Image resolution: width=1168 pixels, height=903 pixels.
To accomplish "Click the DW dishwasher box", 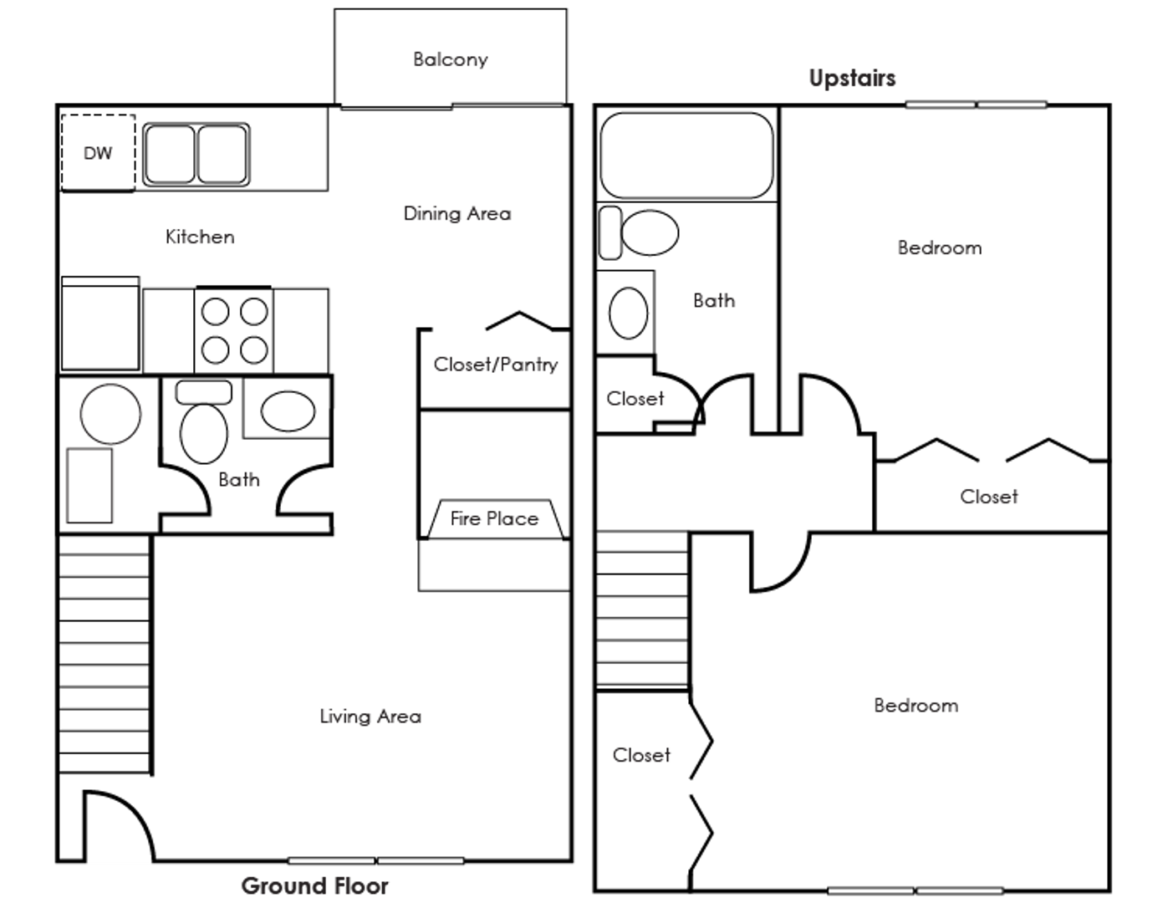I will coord(98,152).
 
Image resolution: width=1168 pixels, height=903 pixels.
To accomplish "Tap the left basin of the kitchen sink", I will coord(169,154).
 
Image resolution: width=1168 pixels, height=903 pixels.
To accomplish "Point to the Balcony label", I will coord(450,59).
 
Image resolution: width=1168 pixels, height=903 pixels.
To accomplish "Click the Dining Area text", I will coord(456,213).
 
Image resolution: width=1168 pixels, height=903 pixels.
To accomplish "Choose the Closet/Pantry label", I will coord(495,365).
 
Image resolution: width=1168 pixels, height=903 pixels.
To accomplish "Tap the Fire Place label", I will coord(493,518).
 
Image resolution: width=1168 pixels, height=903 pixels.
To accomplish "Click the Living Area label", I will coord(370,717).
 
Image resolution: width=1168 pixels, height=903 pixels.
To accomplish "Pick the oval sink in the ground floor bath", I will coord(288,411).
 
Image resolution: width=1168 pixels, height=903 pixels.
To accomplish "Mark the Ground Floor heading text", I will coord(315,885).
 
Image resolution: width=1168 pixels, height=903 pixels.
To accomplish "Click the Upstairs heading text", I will coord(852,79).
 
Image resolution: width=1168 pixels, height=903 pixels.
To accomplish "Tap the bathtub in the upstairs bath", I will coord(686,156).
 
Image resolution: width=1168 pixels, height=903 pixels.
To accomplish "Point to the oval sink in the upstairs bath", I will coord(628,312).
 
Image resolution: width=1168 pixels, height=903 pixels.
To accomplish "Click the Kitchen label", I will coord(200,237).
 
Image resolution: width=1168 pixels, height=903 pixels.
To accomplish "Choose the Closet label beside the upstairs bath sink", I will coord(635,399).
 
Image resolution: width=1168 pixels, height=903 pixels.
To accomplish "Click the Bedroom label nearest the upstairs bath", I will coord(940,247).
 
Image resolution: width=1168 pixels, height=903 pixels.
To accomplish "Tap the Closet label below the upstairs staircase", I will coord(641,755).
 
